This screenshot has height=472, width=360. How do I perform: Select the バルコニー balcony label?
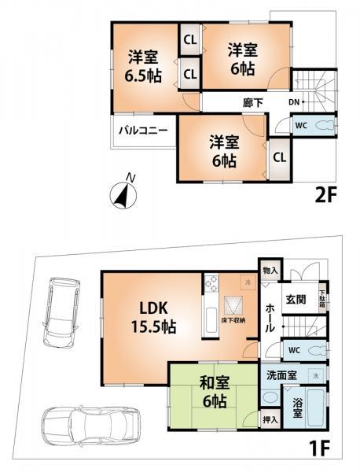pos(142,130)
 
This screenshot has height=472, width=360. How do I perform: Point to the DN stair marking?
pos(292,102)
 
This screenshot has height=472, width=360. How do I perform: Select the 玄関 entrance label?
pos(296,298)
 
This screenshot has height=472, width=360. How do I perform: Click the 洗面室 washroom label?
pos(281,375)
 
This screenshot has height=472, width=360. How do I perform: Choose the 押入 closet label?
pos(270,420)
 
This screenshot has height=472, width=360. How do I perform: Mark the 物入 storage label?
pos(269,269)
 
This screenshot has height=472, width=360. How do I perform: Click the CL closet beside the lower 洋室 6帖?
pos(279,157)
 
